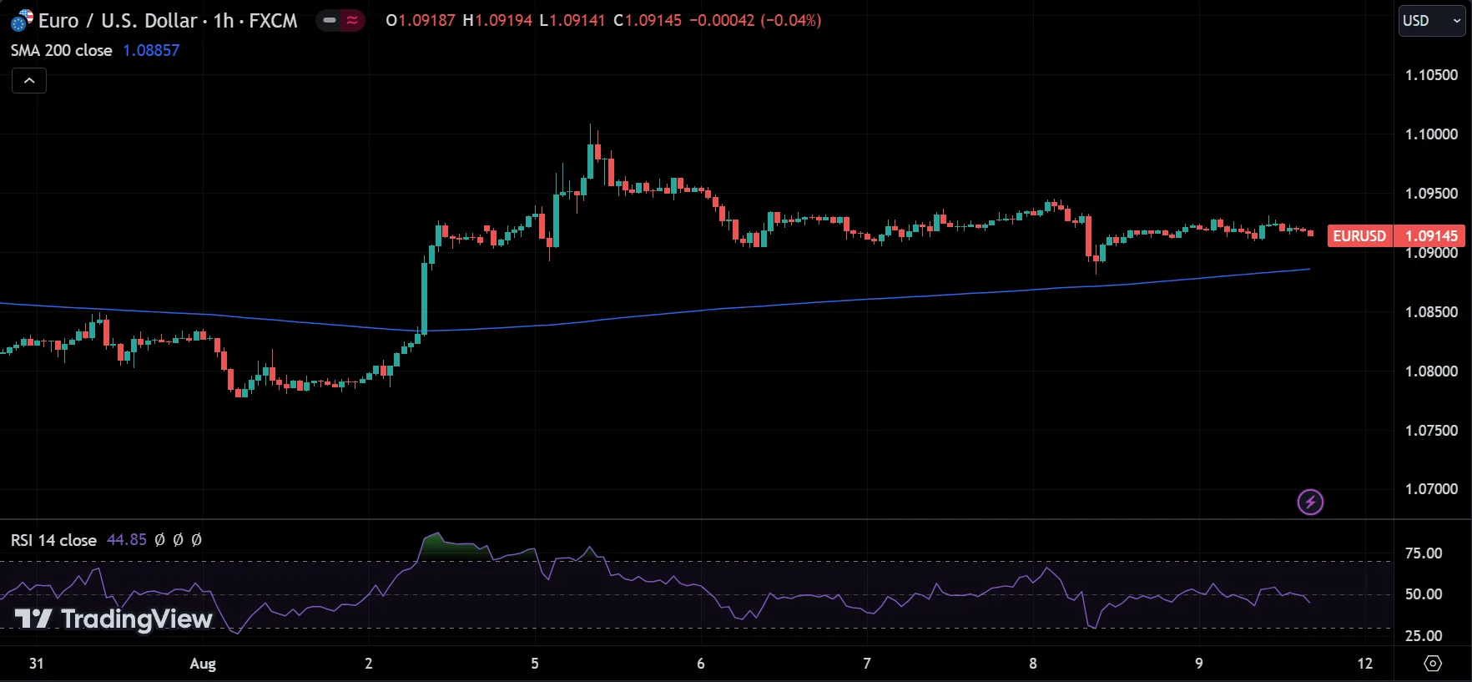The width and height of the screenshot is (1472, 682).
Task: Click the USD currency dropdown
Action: point(1432,21)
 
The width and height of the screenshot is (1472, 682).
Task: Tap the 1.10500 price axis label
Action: point(1431,75)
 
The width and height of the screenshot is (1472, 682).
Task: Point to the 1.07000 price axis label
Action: point(1431,489)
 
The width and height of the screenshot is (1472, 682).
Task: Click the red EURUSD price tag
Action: point(1359,236)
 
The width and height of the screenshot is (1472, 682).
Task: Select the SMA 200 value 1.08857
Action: point(151,50)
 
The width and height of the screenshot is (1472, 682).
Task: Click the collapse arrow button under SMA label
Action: point(29,80)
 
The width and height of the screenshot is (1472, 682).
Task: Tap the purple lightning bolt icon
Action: point(1310,502)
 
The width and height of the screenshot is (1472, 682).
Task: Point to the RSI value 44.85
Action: point(127,540)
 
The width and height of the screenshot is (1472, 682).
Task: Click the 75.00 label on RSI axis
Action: point(1424,553)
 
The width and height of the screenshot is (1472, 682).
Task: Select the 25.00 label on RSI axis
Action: point(1424,636)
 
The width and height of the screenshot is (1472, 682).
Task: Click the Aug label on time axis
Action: point(203,664)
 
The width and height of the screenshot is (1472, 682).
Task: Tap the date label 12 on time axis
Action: point(1364,664)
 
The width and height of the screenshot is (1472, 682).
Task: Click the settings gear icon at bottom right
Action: point(1433,664)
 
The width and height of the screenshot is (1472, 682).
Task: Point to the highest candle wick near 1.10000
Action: point(591,128)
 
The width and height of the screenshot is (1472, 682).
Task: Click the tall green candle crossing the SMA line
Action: point(424,296)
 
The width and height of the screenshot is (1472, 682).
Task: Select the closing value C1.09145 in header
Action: point(648,20)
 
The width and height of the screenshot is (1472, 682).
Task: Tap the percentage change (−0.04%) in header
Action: point(790,20)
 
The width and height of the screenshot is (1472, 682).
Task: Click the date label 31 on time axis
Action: point(36,664)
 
